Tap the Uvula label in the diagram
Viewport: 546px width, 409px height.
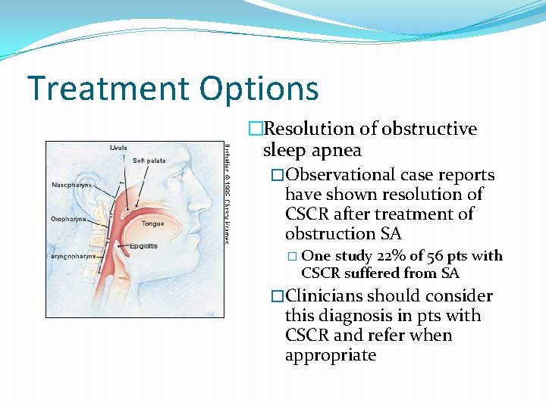pyautogui.click(x=118, y=147)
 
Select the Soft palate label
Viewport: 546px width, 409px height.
pyautogui.click(x=150, y=161)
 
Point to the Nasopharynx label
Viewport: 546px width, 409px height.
pyautogui.click(x=72, y=184)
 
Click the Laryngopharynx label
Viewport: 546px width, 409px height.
pyautogui.click(x=73, y=257)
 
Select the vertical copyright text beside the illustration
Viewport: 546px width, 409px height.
pyautogui.click(x=226, y=192)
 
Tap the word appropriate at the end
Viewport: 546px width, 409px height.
pyautogui.click(x=331, y=355)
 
